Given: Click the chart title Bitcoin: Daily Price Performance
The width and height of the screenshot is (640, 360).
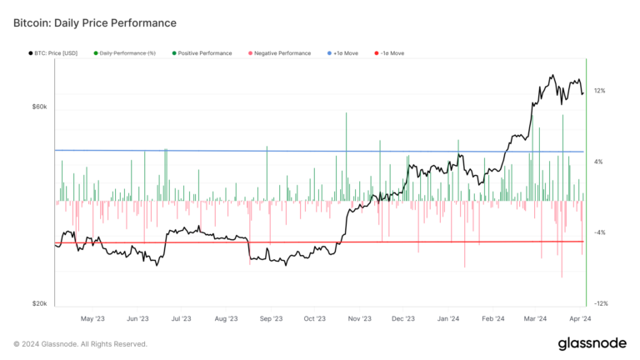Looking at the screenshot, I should coord(95,22).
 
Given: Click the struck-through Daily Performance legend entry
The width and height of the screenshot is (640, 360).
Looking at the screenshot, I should coord(127,53).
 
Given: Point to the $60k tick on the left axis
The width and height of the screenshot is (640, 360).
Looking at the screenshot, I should coord(39,107).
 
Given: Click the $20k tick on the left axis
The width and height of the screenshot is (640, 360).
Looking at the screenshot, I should coord(39,304).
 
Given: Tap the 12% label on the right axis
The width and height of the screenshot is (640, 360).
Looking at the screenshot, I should coord(599,91).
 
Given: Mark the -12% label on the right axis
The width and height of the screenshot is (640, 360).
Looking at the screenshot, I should coord(600,304).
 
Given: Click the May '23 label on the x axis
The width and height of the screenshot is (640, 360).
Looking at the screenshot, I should coord(92,318).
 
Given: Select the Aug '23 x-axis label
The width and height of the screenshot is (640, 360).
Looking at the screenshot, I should coord(226,318).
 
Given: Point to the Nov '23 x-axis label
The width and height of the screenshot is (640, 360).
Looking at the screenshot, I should coord(359,318).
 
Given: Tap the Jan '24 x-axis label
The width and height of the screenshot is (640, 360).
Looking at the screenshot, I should coord(448,318).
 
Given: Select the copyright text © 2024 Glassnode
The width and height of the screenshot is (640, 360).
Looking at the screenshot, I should coord(80,344).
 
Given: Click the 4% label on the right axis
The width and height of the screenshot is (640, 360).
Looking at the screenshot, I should coord(599,162).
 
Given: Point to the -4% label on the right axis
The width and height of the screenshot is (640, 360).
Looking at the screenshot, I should coord(600,232).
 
